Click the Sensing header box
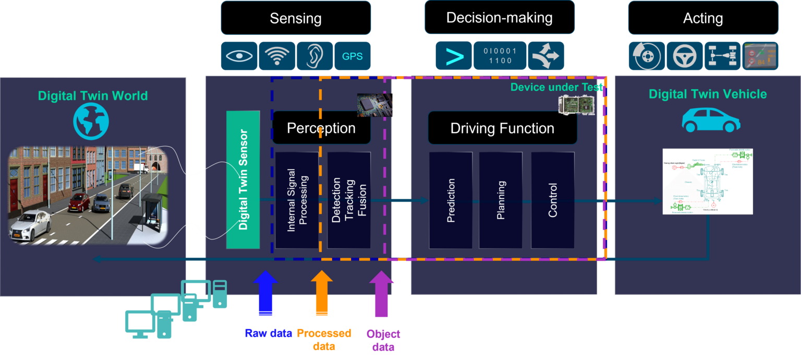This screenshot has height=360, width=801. tap(296, 18)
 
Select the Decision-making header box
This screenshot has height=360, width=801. tap(499, 18)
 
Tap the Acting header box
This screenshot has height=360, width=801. tap(702, 18)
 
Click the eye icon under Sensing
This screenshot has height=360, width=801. tap(239, 56)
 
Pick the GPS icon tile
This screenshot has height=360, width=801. tap(353, 56)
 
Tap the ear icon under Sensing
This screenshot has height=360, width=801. tap(314, 56)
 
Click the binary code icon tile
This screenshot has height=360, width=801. tap(500, 56)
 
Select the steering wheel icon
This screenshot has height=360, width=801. tap(684, 56)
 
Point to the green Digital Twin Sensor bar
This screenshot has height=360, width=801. tap(243, 179)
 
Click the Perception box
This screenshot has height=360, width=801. tap(321, 128)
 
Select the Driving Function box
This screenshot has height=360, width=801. tap(502, 128)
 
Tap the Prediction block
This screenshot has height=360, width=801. tap(451, 200)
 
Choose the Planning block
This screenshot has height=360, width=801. tap(501, 200)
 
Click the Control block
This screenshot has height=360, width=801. tap(553, 200)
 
